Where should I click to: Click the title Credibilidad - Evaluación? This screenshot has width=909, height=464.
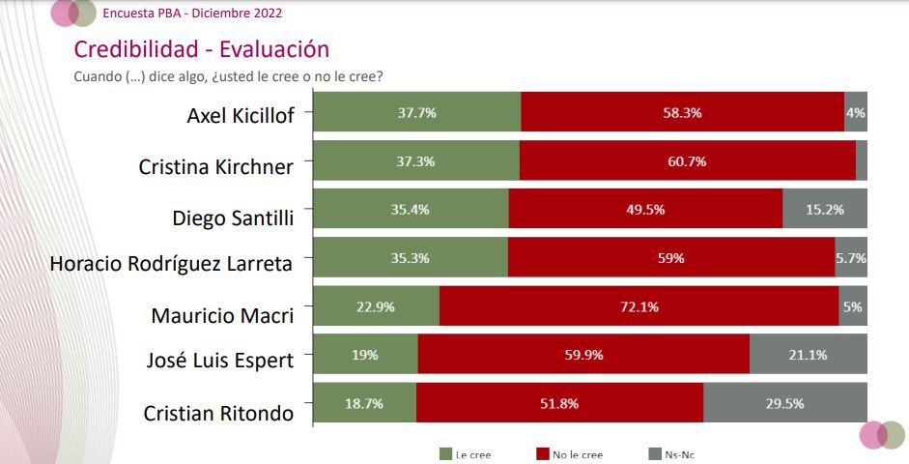coord(202,49)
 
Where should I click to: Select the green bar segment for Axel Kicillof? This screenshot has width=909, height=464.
coord(417,112)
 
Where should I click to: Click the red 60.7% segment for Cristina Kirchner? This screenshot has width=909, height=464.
coord(687,160)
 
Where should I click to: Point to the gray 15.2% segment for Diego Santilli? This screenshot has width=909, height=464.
coord(824,209)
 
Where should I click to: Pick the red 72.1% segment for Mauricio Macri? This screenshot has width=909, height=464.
coord(639,306)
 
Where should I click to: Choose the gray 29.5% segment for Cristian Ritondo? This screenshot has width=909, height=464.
coord(784,403)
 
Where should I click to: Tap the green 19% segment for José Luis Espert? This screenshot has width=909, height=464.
coord(366,355)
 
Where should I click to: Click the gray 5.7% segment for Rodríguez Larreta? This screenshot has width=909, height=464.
coord(850,258)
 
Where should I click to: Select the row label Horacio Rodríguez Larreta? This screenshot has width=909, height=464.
coord(170,263)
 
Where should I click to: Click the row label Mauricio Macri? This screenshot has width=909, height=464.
coord(221,314)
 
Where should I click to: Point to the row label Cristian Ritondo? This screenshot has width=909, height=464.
coord(218,413)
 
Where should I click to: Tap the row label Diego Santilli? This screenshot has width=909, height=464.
coord(232,216)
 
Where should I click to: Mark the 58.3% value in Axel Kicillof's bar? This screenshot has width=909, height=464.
coord(682,112)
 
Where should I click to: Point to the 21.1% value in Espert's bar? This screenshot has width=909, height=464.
coord(808,355)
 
